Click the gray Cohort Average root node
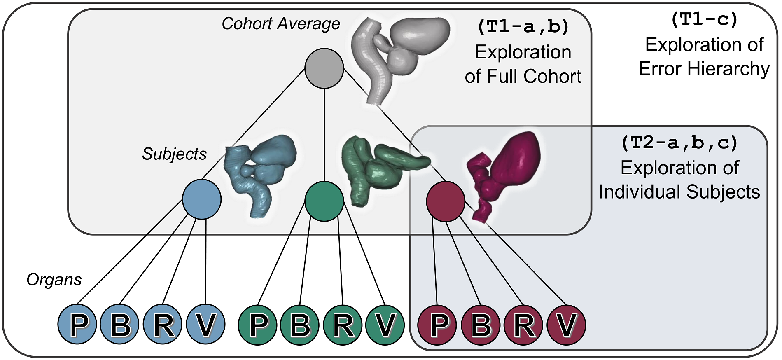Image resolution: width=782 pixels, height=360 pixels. (324, 68)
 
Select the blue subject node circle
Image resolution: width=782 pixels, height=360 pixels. (202, 199)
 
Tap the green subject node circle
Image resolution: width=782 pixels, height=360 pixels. (324, 201)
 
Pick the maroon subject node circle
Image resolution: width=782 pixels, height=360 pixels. (446, 202)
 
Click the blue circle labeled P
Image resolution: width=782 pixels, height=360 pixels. (77, 325)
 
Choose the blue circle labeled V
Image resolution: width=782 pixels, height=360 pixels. (205, 325)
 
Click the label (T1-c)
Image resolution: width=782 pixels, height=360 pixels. (704, 19)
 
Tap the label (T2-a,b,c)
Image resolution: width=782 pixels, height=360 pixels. (679, 143)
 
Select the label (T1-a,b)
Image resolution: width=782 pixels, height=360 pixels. (523, 27)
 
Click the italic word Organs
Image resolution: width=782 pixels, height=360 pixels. (54, 280)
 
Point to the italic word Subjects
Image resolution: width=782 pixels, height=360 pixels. (174, 154)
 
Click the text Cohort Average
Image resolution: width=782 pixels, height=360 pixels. (281, 24)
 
